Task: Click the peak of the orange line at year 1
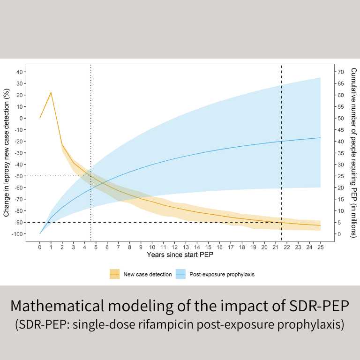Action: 51,92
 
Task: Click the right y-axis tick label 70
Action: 341,72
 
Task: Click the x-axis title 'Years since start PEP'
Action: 180,255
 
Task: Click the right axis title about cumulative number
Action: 354,152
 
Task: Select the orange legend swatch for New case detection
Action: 115,274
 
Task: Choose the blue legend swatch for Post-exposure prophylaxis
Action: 181,274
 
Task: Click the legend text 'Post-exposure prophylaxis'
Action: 223,274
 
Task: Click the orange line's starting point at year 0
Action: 40,118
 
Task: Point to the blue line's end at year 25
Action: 321,138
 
